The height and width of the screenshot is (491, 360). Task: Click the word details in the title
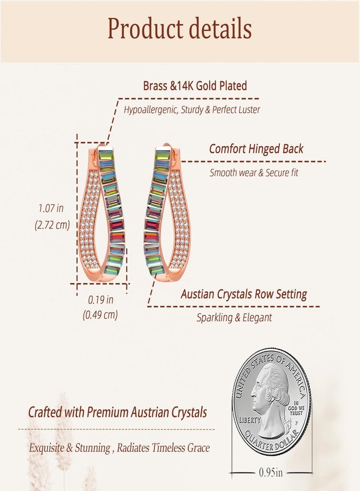click(x=221, y=28)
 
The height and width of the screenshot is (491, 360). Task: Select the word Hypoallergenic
click(x=151, y=110)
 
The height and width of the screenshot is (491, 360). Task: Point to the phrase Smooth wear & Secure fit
click(x=254, y=172)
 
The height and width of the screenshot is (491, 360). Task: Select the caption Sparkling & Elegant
click(x=234, y=318)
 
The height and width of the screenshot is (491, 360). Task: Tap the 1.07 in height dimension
click(x=51, y=208)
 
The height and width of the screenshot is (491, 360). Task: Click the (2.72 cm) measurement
click(x=52, y=225)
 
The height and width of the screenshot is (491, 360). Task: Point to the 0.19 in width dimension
click(x=100, y=300)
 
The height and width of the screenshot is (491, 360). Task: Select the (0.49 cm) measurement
click(x=100, y=314)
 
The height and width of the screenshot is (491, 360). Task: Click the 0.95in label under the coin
click(x=271, y=472)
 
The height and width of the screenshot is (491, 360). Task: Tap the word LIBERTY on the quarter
click(x=249, y=420)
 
